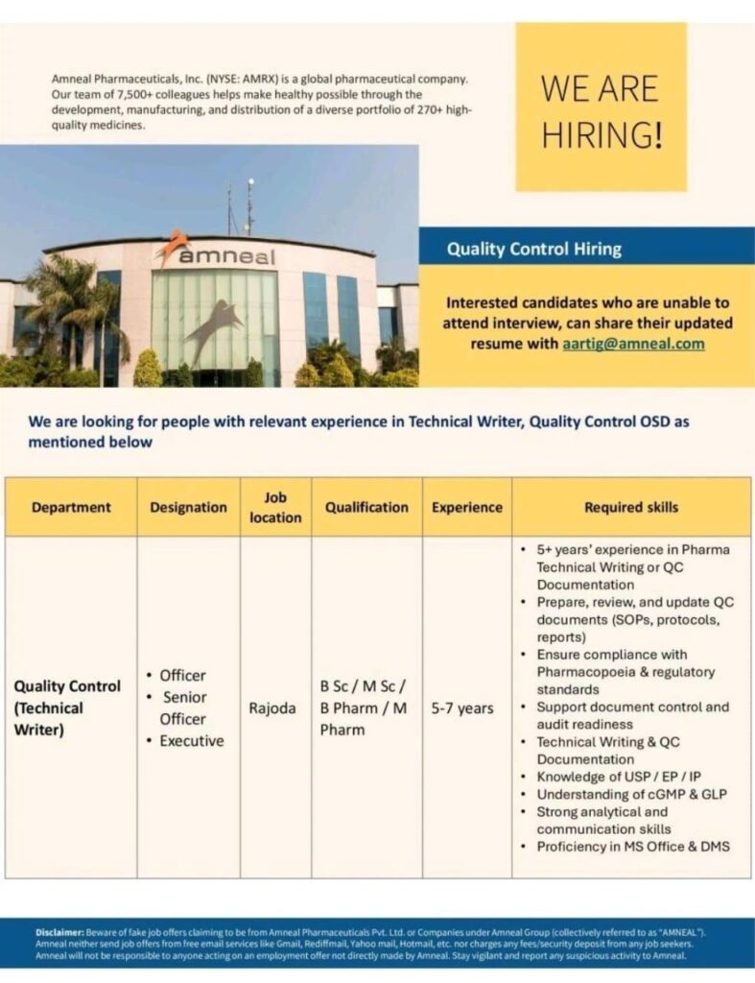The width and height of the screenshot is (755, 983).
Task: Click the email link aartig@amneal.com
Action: pos(633,343)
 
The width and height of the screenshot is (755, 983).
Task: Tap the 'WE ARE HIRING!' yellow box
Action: pos(602,108)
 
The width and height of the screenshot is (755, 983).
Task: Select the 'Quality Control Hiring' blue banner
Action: pos(534,250)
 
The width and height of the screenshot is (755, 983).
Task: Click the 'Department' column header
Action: pos(71,507)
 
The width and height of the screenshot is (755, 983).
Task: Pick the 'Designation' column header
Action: pos(188,507)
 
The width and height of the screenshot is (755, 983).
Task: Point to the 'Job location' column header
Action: pos(275,507)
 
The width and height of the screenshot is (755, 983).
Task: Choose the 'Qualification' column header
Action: pos(366,507)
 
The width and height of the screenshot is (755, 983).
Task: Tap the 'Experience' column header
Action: pos(467,507)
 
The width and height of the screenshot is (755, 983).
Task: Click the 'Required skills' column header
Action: pos(631,507)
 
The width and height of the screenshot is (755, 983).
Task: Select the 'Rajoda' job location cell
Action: pos(272,708)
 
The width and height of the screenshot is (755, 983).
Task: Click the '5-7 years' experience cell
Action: pos(462,708)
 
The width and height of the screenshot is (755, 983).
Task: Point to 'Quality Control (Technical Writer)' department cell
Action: pos(67,708)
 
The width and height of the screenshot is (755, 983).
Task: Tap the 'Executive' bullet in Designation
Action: pos(192,741)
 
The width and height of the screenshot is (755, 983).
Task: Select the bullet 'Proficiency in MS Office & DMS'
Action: pos(633,846)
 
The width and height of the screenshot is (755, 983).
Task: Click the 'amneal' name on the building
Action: pos(226,256)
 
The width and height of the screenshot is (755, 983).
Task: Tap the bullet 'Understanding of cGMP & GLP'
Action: pos(631,794)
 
